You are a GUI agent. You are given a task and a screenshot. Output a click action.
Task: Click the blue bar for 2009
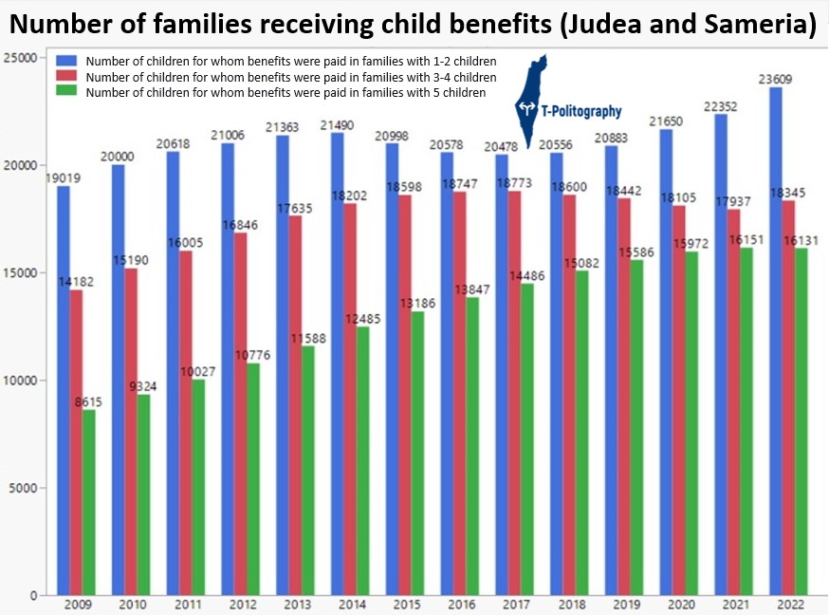point(63,390)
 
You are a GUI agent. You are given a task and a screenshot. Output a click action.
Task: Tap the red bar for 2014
point(350,399)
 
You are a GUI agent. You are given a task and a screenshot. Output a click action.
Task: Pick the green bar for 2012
point(252,478)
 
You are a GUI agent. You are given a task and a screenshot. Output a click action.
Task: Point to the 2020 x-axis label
point(680,605)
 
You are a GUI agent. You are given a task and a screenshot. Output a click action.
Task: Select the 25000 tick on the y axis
point(20,58)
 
